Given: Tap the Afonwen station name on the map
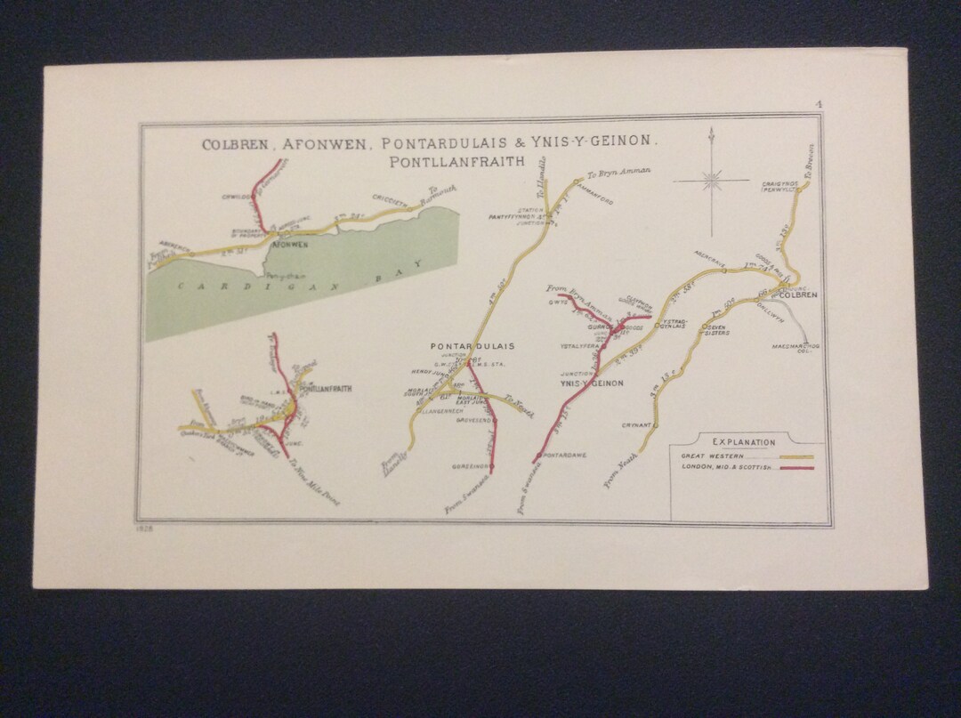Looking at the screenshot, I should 289,243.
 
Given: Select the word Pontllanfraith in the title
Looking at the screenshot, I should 456,162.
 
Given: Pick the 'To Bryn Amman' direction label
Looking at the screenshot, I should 620,173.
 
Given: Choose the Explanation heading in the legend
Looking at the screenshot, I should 743,441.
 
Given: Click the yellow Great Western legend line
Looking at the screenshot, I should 795,456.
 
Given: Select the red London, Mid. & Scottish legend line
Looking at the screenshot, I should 795,468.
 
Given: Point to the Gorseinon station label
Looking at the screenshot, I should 468,465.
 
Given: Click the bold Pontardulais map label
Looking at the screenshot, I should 472,346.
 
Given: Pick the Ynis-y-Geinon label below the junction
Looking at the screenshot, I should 591,383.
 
